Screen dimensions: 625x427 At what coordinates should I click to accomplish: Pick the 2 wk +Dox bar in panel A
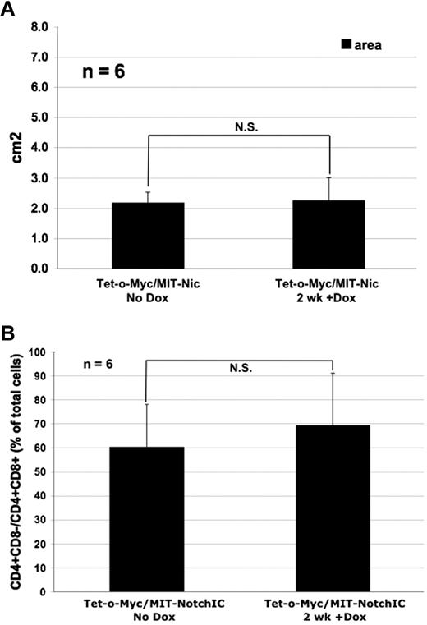point(329,234)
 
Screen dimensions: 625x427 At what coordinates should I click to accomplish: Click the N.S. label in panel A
point(240,127)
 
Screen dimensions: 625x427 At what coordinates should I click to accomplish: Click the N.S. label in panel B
point(238,369)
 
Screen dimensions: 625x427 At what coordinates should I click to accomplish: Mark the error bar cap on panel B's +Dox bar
point(333,373)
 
